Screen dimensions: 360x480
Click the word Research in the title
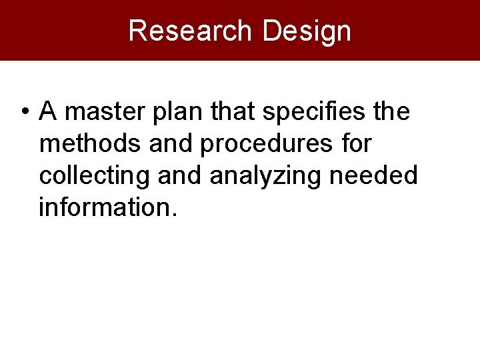coord(190,31)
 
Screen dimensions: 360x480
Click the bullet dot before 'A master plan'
coord(23,112)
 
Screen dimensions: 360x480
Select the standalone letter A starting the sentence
coord(48,112)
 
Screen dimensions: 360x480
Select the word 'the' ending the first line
coord(392,112)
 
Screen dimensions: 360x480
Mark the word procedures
coord(265,144)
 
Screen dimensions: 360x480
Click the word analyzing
coord(265,176)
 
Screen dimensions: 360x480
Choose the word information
coord(104,208)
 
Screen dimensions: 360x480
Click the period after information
coord(174,215)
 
